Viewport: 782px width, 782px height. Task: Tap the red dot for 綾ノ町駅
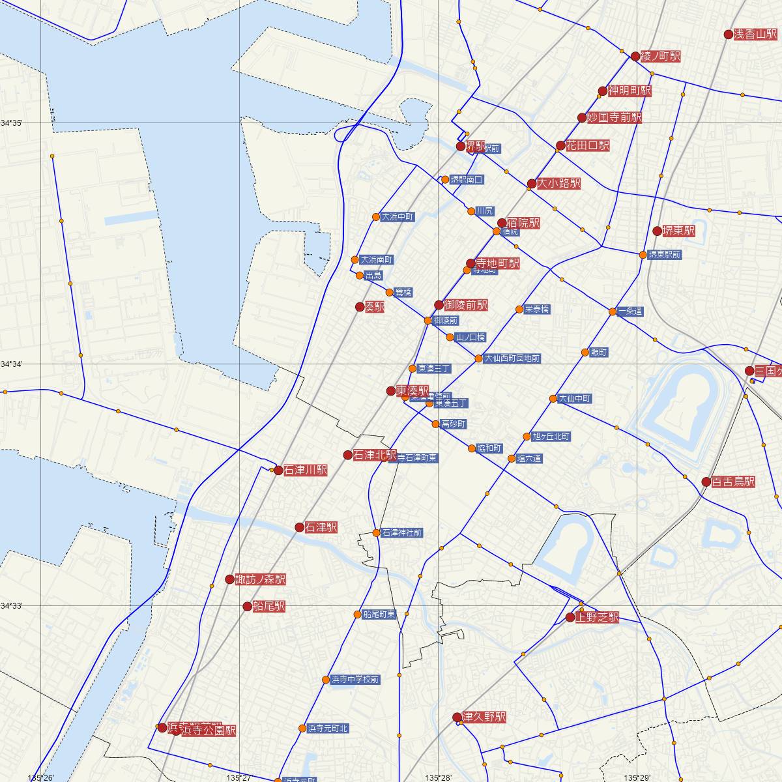tap(636, 57)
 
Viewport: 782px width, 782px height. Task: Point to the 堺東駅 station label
tap(678, 231)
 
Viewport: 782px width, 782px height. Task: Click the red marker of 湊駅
tap(360, 306)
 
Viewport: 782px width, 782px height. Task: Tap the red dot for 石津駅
tap(300, 527)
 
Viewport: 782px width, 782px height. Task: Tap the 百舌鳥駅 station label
tap(733, 482)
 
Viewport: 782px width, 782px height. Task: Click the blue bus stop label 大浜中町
tap(398, 217)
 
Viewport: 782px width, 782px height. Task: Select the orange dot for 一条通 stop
tap(613, 312)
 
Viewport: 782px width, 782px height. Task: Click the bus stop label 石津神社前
tap(402, 533)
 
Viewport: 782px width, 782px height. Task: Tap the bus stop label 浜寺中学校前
tap(355, 680)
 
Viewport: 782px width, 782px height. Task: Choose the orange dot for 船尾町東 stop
tap(358, 615)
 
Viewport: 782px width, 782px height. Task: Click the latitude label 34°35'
tap(12, 123)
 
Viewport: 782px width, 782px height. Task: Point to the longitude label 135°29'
tap(637, 777)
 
